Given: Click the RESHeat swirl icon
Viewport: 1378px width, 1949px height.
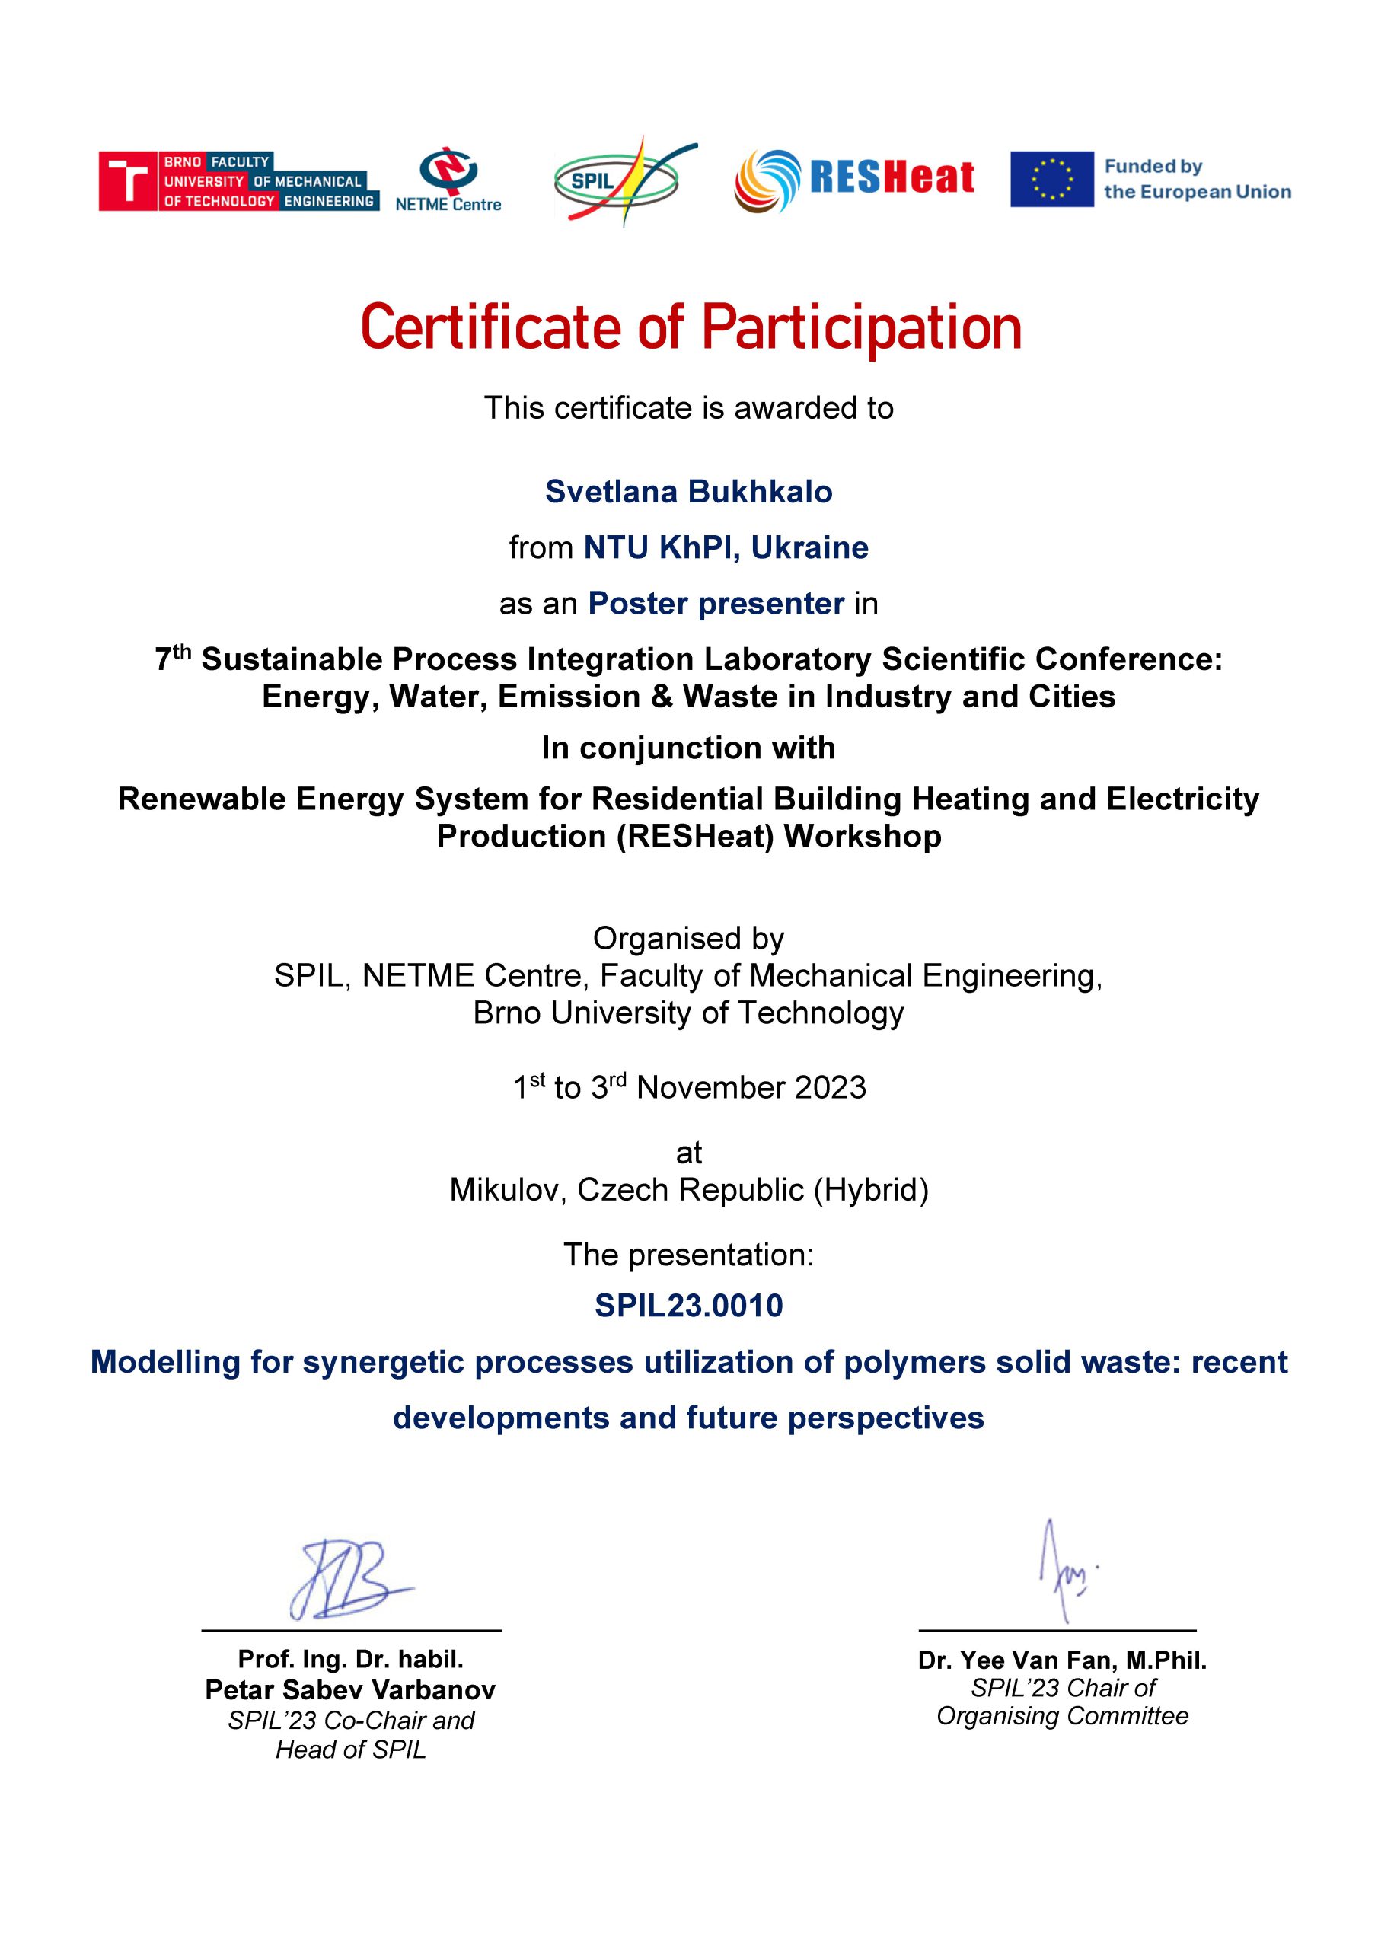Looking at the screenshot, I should click(x=767, y=180).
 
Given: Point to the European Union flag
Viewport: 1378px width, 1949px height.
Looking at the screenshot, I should click(x=1051, y=179).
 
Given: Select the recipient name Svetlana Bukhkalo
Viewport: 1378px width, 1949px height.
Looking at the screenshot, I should click(x=688, y=492).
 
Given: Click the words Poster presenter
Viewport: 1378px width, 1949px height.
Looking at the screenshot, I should click(x=716, y=604).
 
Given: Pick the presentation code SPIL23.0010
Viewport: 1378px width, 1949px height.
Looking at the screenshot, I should click(x=688, y=1306).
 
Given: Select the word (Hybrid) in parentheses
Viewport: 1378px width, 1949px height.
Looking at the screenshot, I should click(x=870, y=1190).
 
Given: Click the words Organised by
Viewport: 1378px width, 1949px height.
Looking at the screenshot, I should click(x=687, y=938).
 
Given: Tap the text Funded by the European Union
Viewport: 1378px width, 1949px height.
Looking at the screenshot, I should click(x=1196, y=179).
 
